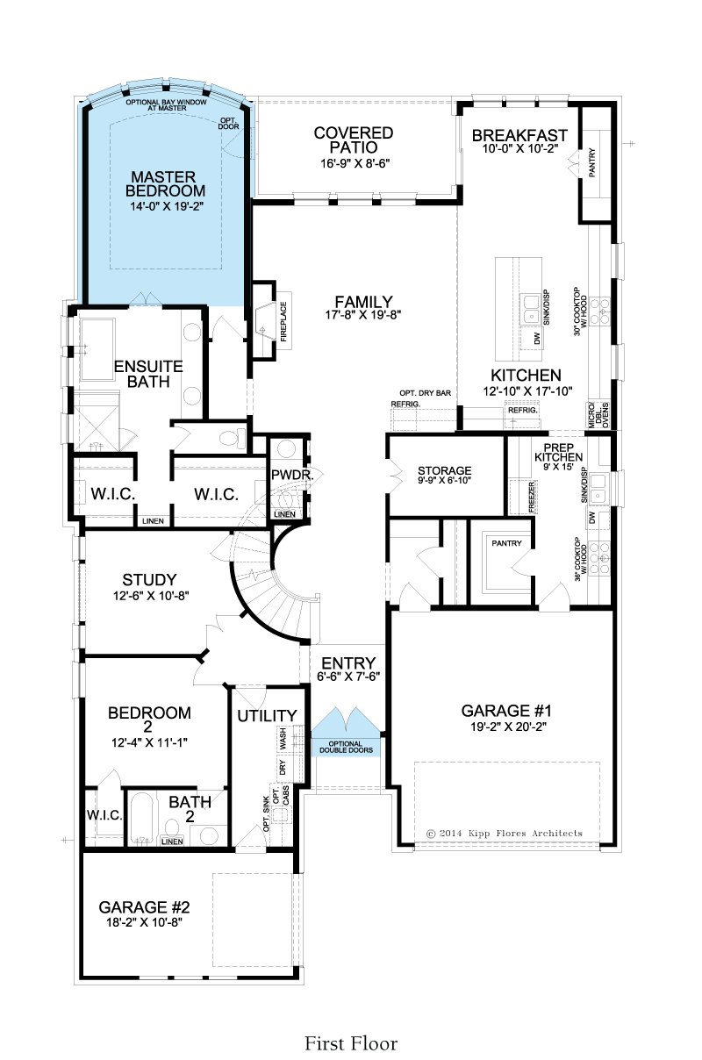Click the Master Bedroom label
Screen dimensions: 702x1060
[165, 183]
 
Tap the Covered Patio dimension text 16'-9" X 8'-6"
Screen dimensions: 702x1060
[355, 164]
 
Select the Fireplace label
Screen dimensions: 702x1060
[283, 322]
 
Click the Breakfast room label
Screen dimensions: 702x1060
[519, 135]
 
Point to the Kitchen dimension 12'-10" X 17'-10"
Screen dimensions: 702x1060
[527, 390]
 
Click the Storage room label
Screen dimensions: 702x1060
[445, 471]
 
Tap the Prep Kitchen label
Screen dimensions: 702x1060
[559, 453]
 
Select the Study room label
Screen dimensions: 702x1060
[149, 580]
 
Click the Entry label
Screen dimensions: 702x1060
[348, 663]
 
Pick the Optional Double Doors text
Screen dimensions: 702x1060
[346, 747]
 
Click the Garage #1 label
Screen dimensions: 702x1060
[506, 711]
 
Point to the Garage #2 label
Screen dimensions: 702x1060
[145, 907]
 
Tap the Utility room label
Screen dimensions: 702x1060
[267, 716]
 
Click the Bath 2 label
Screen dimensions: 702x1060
[190, 809]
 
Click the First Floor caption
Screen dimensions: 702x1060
[351, 1043]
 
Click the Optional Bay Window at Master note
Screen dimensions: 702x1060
[166, 105]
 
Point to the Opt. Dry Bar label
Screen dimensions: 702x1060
[425, 393]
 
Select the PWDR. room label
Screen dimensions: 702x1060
[292, 475]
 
